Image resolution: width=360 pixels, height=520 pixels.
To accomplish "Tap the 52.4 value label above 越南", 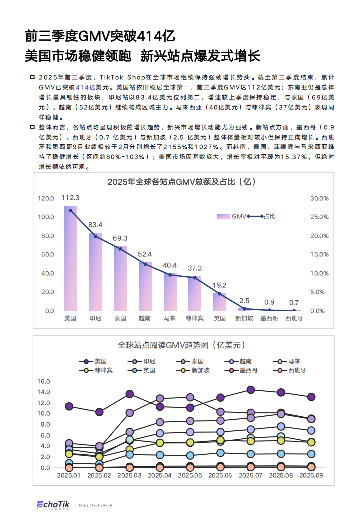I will coord(145,254).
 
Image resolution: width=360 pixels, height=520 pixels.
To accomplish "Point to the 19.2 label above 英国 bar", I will coord(220,285).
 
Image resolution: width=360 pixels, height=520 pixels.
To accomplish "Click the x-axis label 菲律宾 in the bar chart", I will coord(194,318).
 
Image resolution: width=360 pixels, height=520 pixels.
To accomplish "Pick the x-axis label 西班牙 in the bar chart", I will coord(294,318).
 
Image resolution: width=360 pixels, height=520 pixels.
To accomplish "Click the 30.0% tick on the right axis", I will coord(319,198).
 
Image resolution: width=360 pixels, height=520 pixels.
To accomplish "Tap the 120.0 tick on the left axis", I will coord(46,198).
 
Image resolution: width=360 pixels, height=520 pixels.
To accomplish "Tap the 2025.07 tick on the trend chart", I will coord(251,475).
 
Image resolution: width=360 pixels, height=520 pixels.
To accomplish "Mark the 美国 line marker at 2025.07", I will coord(251,390).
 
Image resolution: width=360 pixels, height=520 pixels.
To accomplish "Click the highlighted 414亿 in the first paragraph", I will coord(85,86).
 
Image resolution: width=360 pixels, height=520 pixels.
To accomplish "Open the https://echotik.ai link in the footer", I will coord(96,505).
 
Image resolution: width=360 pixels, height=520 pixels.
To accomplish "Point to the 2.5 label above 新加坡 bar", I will coord(244,301).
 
